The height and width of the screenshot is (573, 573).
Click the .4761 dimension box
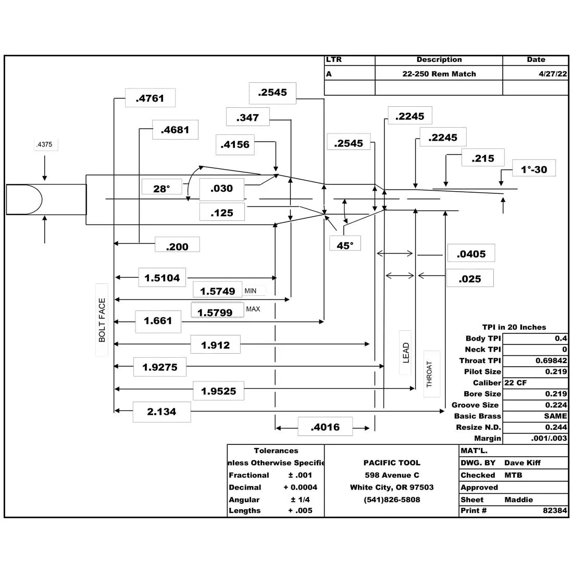[150, 98]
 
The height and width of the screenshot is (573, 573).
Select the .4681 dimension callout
[176, 130]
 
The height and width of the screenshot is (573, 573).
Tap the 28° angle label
[161, 189]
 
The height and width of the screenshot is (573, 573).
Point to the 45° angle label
[345, 245]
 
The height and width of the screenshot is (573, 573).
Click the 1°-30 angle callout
[534, 169]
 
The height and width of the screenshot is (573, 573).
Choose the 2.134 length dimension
[161, 412]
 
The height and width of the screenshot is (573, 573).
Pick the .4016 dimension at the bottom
[325, 427]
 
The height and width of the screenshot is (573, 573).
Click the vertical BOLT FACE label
[102, 320]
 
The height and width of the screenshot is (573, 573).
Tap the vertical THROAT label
[430, 374]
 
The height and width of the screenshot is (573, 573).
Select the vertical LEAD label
[406, 353]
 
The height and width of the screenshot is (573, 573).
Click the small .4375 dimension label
[45, 144]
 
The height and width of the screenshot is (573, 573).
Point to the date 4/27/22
[553, 74]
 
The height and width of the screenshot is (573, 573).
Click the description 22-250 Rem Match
[439, 74]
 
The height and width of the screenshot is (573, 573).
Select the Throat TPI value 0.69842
[551, 360]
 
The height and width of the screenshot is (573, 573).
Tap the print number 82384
[555, 510]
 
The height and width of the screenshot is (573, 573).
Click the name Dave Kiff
[522, 463]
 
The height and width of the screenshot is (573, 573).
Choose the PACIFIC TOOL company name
[392, 463]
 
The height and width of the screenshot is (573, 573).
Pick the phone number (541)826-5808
[392, 500]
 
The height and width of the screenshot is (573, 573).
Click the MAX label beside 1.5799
[253, 309]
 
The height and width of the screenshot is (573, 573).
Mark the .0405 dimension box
[471, 254]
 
